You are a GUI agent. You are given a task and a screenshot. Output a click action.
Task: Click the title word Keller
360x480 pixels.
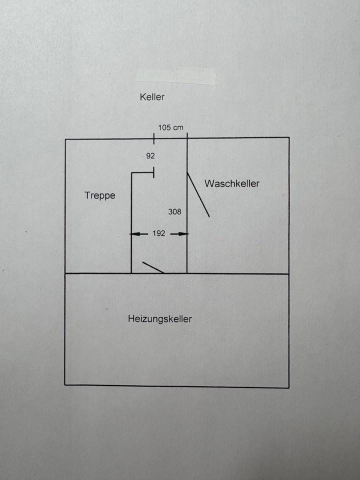point(152,97)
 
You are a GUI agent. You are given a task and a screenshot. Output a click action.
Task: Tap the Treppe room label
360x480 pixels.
point(99,195)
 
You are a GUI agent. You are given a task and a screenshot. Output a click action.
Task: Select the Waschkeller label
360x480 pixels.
point(232,183)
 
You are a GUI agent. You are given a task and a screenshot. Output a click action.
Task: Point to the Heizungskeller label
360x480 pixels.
point(160,318)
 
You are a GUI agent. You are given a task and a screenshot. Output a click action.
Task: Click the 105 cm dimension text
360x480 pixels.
point(171,127)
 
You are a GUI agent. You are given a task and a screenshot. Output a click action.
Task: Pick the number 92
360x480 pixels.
point(150,156)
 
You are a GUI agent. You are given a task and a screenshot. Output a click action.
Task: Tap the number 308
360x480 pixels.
point(174,211)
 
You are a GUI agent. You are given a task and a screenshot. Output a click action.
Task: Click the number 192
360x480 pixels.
point(159,233)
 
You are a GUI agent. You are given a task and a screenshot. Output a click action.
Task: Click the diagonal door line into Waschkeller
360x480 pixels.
point(198,195)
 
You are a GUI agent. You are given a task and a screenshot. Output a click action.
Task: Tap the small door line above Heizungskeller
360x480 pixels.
point(153,267)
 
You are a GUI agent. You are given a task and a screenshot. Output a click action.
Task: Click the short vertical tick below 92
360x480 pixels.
point(153,173)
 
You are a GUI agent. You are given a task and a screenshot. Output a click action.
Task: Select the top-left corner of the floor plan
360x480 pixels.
point(65,139)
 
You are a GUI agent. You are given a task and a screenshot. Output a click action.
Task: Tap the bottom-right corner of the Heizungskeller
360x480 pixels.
point(288,387)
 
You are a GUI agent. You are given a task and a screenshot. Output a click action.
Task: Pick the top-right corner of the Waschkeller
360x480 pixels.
point(289,137)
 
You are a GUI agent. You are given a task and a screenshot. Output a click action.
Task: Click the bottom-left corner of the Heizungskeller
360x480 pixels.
point(65,384)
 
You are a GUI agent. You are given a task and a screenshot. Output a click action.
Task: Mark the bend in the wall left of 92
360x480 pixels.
point(131,173)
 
